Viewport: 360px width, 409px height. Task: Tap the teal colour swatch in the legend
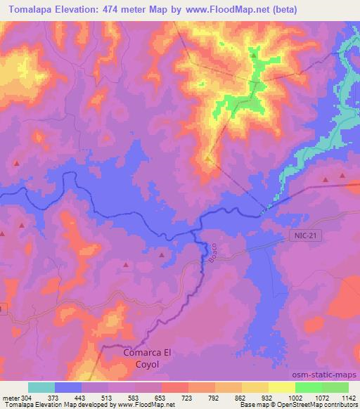click(x=41, y=387)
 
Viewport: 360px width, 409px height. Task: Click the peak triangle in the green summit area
click(x=253, y=53)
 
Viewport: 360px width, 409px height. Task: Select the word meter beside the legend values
click(x=12, y=397)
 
